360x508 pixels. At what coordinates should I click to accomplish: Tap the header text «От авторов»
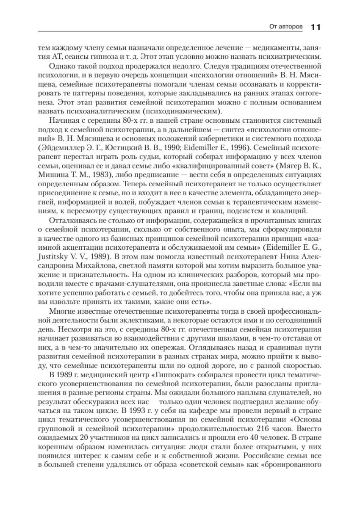pos(286,28)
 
